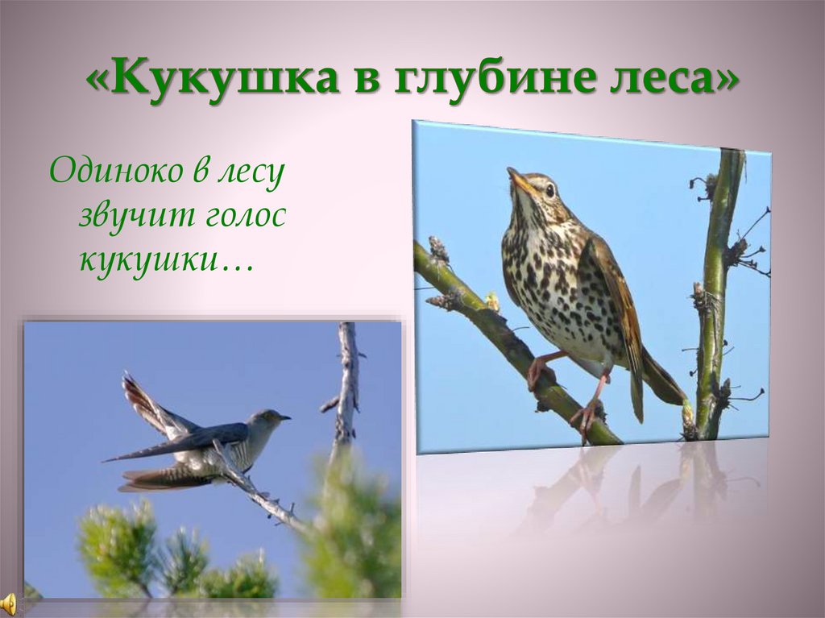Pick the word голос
pos(243,217)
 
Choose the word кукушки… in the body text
pos(164,259)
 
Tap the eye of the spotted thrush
pos(550,190)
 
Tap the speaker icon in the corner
pos(8,603)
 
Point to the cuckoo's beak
pos(285,417)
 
